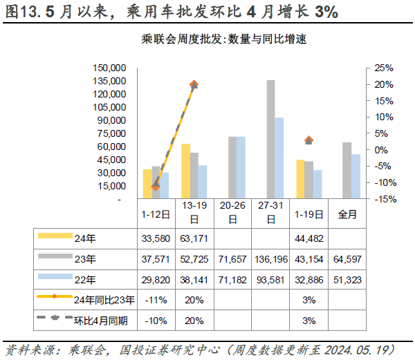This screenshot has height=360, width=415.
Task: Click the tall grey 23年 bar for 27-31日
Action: pyautogui.click(x=270, y=140)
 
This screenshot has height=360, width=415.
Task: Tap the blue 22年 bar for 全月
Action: pyautogui.click(x=355, y=176)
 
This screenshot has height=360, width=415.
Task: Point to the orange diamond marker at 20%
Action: pyautogui.click(x=194, y=85)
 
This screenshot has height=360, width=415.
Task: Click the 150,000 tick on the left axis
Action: pyautogui.click(x=108, y=68)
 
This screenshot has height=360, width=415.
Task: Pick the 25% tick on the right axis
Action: pyautogui.click(x=384, y=68)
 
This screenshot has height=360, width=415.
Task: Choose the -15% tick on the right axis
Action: pyautogui.click(x=384, y=199)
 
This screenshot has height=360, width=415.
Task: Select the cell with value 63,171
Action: pyautogui.click(x=194, y=239)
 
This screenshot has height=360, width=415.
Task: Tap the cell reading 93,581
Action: pyautogui.click(x=270, y=280)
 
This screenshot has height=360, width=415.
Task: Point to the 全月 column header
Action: pyautogui.click(x=347, y=214)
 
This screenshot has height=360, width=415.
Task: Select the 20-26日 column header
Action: pyautogui.click(x=232, y=214)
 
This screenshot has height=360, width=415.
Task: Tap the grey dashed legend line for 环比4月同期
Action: pyautogui.click(x=55, y=319)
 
